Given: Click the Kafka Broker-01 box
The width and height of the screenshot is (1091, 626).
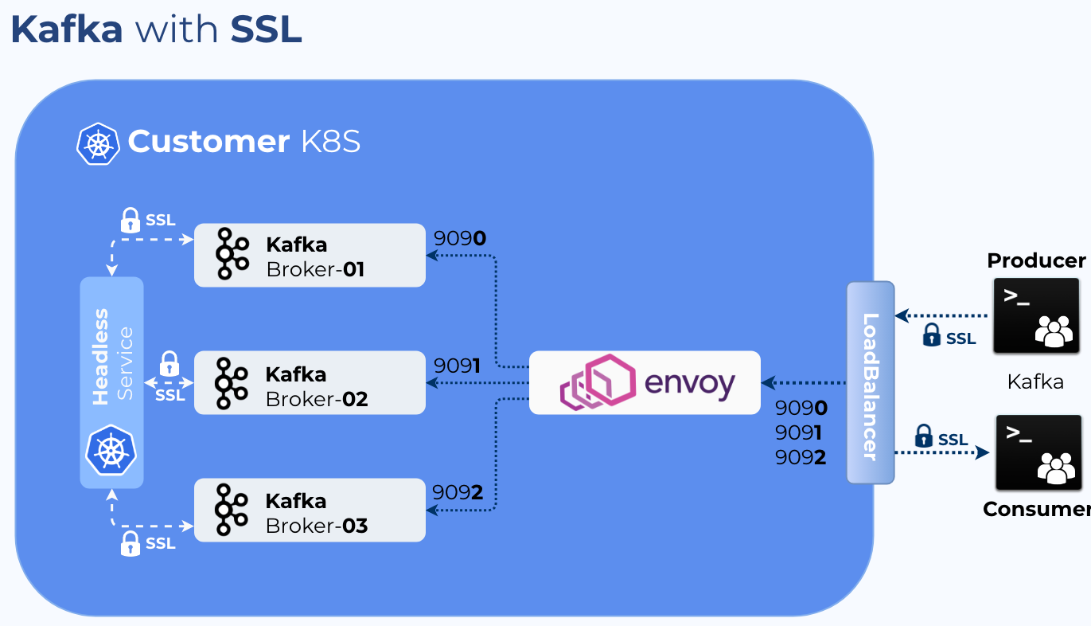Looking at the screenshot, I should (x=310, y=255).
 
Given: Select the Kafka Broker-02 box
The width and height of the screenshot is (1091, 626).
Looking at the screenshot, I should (x=310, y=382).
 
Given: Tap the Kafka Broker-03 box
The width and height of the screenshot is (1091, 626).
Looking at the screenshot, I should (x=310, y=510).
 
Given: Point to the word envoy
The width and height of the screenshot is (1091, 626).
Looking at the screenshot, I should (x=689, y=383).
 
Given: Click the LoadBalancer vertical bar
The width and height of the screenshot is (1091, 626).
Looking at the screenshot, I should (x=870, y=382).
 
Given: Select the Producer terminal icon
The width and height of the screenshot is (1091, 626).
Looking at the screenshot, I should (x=1036, y=315).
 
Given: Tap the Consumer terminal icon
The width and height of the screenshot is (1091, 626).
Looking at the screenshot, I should (x=1038, y=452).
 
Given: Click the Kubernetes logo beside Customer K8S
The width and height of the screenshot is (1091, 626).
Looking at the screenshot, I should (x=98, y=143).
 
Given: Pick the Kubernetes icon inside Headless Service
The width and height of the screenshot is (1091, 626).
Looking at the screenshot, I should (x=111, y=450).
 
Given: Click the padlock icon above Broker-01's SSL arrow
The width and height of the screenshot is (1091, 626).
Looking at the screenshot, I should (x=130, y=220).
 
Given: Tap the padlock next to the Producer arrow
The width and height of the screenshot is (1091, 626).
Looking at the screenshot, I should (x=931, y=335).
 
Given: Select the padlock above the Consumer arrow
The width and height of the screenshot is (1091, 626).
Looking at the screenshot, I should (x=923, y=436).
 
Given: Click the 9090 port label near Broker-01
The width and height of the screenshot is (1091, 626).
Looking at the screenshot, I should (x=459, y=238).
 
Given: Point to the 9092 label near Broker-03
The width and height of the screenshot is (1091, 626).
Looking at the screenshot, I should (x=458, y=492).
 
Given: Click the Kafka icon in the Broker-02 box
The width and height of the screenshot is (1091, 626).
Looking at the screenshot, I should (x=232, y=383).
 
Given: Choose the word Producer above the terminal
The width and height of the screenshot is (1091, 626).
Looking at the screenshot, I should (x=1035, y=260).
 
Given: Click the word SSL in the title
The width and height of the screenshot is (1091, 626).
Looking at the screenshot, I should (x=266, y=30).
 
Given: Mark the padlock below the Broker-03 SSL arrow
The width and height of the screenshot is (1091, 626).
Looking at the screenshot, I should (x=130, y=543).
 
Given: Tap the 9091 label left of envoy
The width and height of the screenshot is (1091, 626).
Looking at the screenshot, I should (x=457, y=366).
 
